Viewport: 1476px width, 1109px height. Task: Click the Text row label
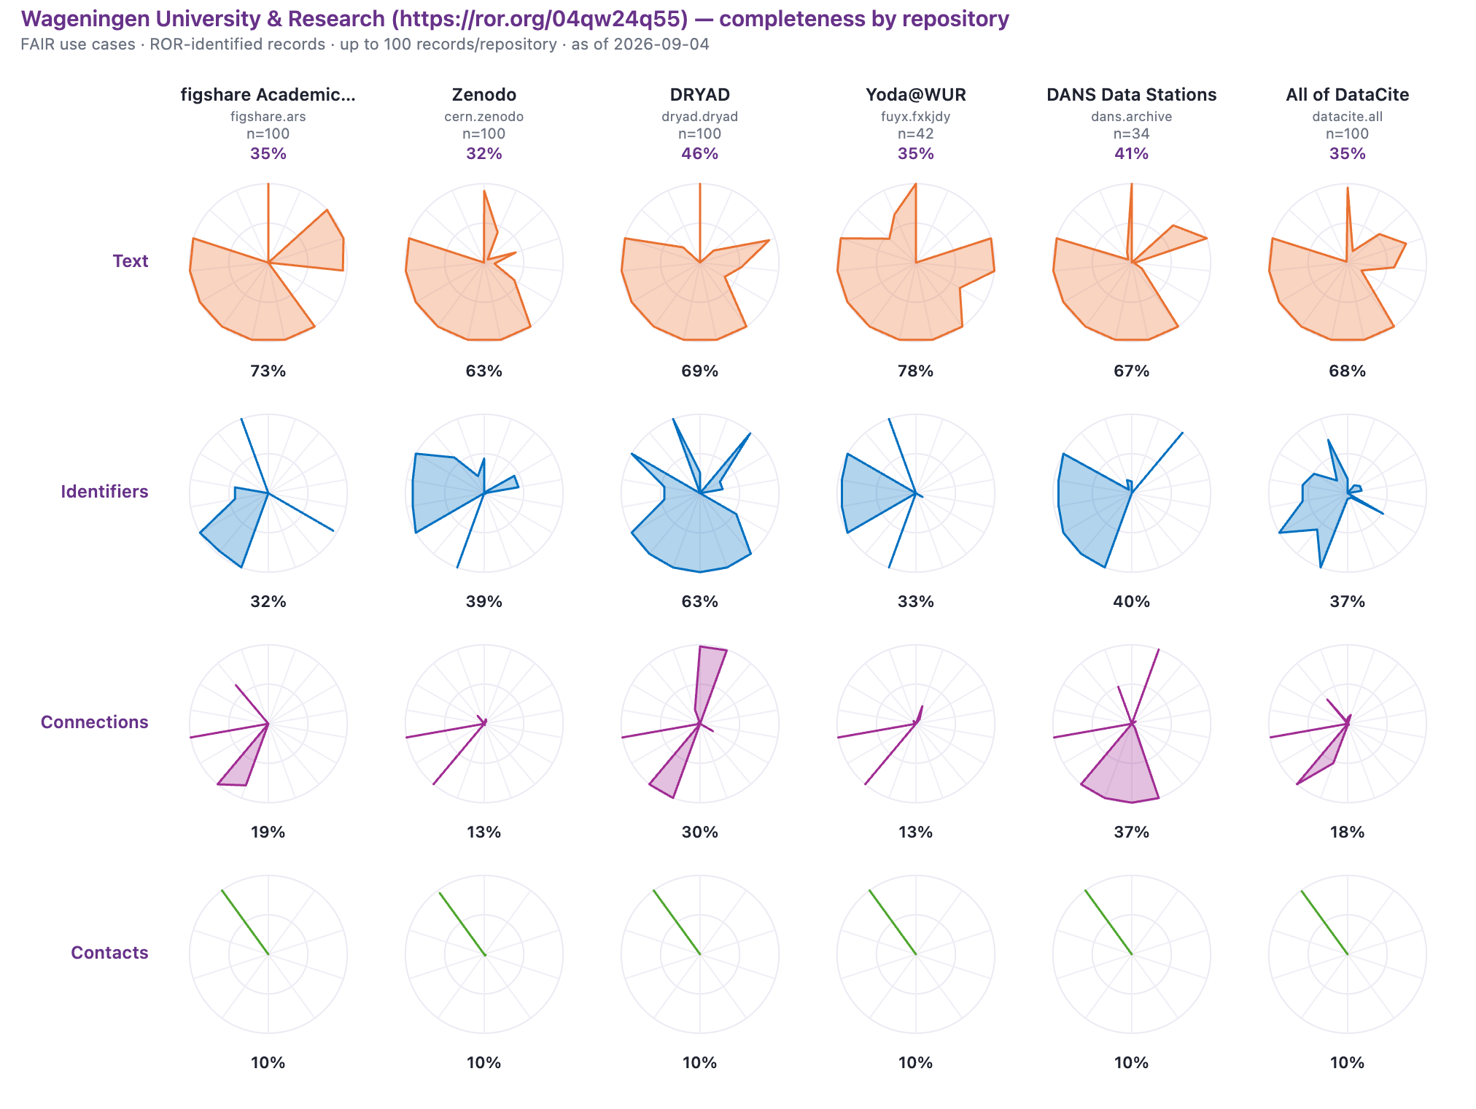[x=131, y=261]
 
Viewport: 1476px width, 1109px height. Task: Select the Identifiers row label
[x=104, y=492]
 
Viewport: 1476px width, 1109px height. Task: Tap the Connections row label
[x=95, y=722]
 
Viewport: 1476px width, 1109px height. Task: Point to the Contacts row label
[x=109, y=953]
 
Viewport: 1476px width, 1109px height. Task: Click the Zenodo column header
[x=484, y=95]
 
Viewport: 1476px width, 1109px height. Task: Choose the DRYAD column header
[x=700, y=95]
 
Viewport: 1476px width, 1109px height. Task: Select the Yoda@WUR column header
[x=916, y=95]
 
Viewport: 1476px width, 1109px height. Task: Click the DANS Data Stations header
[x=1132, y=95]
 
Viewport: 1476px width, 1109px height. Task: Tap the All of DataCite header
[x=1348, y=95]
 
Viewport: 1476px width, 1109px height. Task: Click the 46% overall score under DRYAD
[x=700, y=153]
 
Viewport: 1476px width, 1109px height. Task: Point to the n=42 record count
[x=916, y=134]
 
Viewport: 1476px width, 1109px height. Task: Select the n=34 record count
[x=1132, y=134]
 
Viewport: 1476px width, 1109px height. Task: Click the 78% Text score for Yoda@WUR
[x=916, y=371]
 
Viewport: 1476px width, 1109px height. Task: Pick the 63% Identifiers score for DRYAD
[x=700, y=601]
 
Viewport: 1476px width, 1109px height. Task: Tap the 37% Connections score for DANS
[x=1132, y=832]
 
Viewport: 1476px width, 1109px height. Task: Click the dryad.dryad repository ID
[x=700, y=117]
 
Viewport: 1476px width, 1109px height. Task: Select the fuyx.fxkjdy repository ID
[x=916, y=117]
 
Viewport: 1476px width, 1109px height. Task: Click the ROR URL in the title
[x=540, y=19]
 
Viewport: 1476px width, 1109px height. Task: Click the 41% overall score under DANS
[x=1132, y=153]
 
